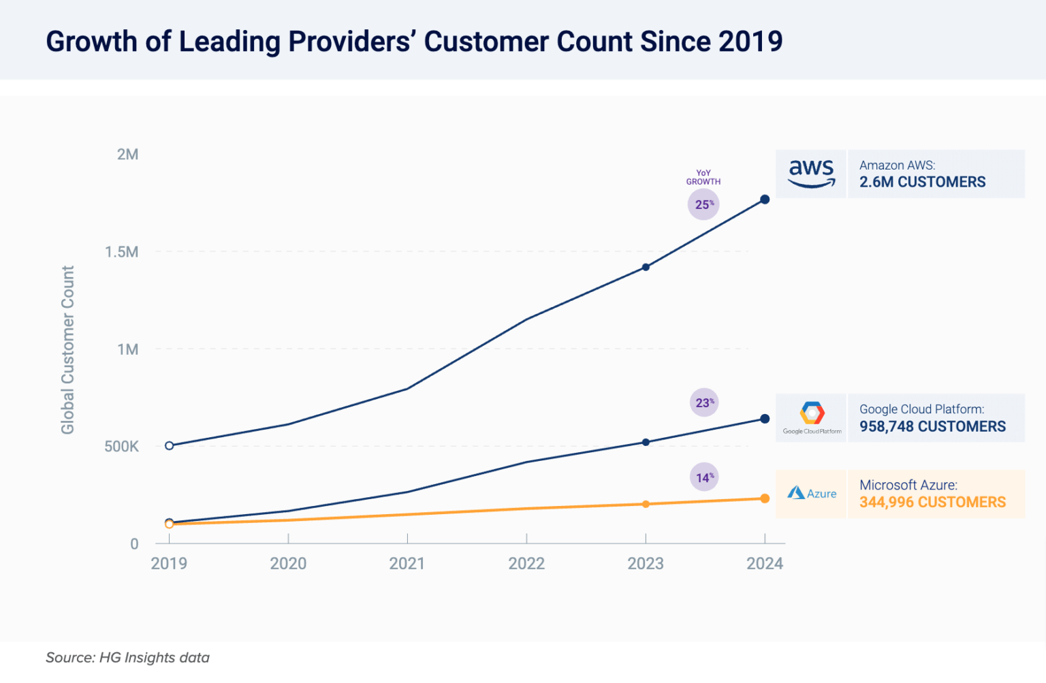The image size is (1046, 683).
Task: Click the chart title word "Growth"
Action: [91, 42]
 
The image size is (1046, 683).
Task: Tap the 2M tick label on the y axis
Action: [127, 155]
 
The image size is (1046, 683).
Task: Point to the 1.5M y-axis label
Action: [121, 252]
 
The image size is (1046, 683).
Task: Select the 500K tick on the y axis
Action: [121, 447]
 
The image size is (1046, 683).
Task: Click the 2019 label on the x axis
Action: [169, 564]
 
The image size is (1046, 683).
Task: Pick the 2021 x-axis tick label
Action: [407, 564]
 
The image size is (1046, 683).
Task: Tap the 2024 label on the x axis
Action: [765, 564]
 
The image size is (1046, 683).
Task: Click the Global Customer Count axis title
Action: [67, 350]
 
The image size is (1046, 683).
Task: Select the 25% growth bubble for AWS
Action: [703, 204]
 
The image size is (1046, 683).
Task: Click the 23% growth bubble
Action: [704, 402]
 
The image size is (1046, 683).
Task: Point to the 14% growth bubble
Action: [704, 477]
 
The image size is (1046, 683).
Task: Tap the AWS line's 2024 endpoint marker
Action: [765, 200]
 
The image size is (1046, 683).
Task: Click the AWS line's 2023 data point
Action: [646, 267]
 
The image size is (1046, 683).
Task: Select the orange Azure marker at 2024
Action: [765, 498]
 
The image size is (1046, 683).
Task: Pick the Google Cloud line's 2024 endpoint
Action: [765, 419]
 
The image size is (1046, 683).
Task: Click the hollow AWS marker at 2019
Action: [170, 446]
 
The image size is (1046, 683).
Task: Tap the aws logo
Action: [811, 174]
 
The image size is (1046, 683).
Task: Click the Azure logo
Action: [812, 494]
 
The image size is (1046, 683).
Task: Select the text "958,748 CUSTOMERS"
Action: [932, 427]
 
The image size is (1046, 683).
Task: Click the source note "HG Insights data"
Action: [154, 658]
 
